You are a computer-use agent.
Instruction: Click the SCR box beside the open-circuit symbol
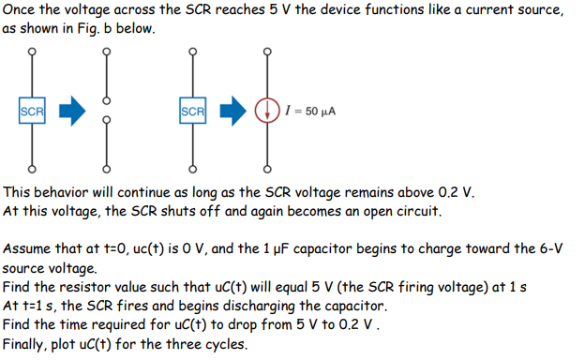(32, 112)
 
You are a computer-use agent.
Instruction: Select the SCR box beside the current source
(191, 112)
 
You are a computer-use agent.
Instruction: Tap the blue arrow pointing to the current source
(232, 112)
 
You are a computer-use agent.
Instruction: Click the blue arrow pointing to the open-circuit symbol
(71, 112)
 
